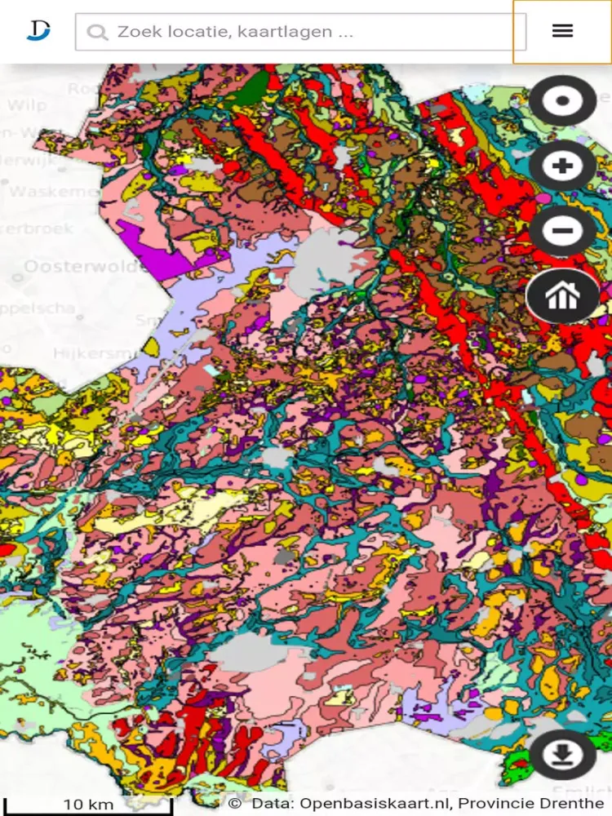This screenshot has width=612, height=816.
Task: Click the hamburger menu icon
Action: click(x=562, y=31)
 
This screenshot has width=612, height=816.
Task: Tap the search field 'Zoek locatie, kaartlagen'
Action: click(x=310, y=32)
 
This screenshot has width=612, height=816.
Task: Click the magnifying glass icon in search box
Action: click(x=97, y=33)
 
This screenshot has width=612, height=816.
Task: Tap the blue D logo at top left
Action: click(x=38, y=30)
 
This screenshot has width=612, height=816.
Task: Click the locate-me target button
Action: click(x=562, y=101)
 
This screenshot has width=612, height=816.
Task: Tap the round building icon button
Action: click(x=562, y=295)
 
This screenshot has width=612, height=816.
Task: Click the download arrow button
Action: click(x=562, y=755)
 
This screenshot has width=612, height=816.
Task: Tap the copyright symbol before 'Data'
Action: click(x=235, y=804)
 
